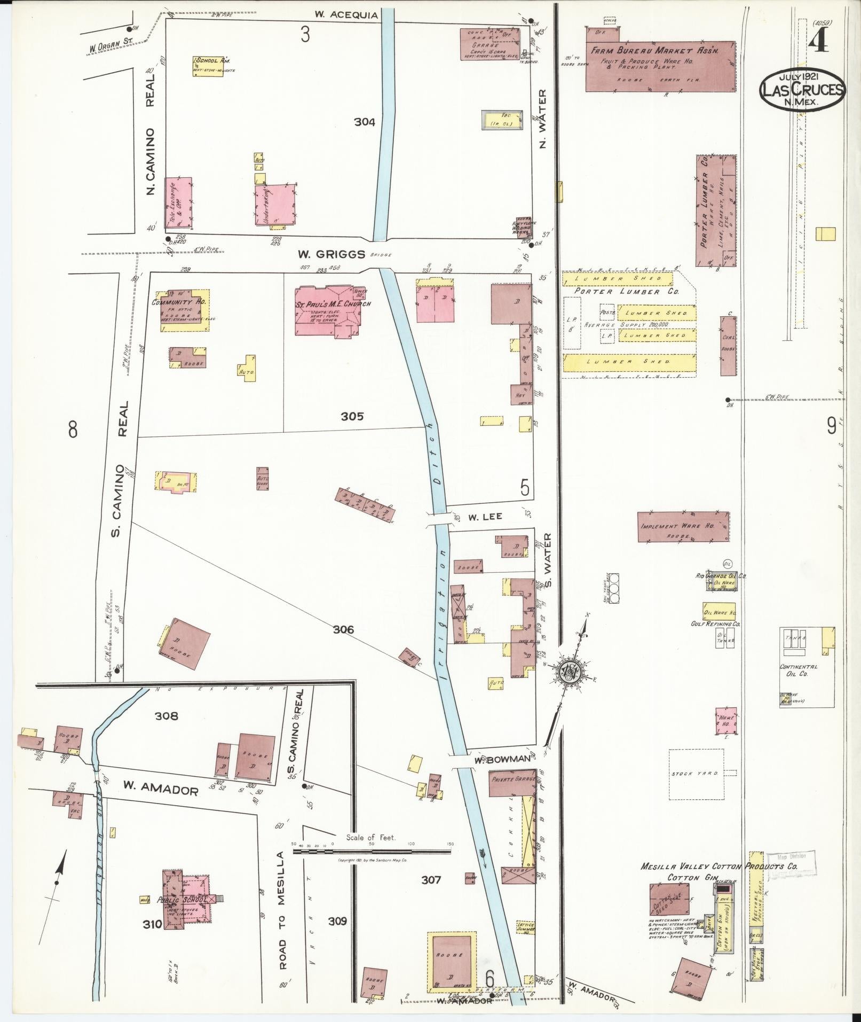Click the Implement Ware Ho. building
click(683, 527)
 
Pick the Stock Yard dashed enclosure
click(697, 774)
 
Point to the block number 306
click(343, 630)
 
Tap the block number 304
click(365, 122)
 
